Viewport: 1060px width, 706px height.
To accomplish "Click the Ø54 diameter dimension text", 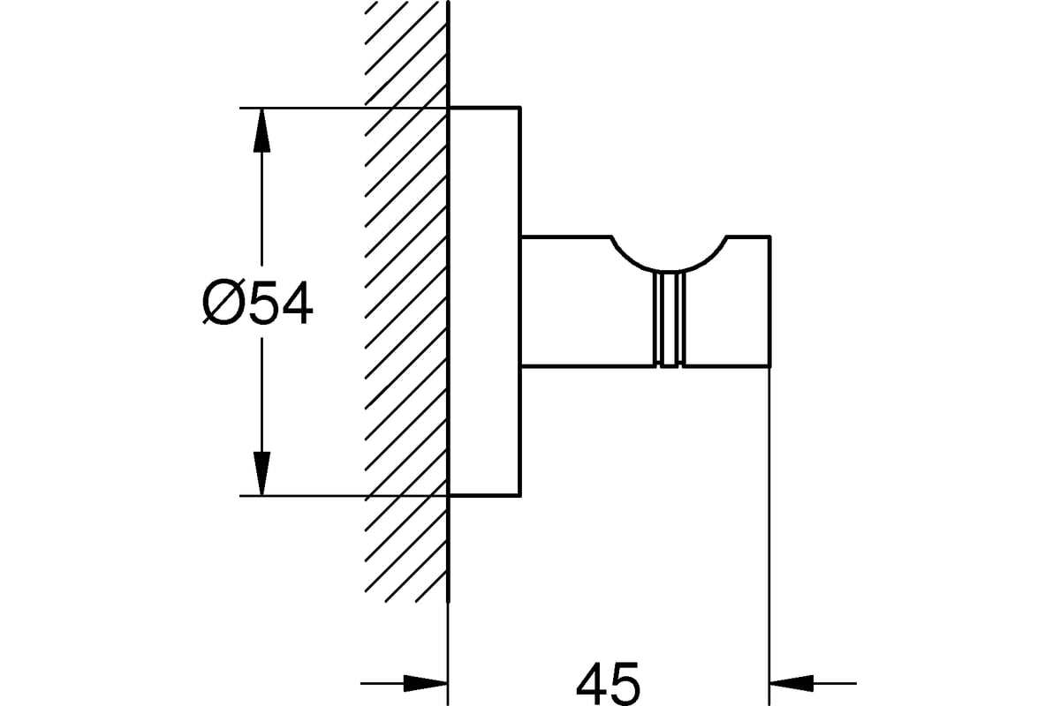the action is (x=257, y=303).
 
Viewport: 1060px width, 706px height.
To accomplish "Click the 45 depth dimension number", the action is (x=608, y=684).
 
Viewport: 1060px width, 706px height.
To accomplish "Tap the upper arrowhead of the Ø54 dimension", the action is (x=261, y=131).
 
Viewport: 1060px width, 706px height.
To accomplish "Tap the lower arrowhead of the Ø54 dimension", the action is (x=261, y=473).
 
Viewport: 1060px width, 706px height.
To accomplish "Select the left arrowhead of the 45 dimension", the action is (x=426, y=683).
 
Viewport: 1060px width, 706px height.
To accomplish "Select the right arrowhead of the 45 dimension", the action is (x=791, y=683).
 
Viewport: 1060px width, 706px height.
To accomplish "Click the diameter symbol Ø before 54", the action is (x=222, y=303).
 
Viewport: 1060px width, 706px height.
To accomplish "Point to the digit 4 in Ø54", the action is (x=296, y=303).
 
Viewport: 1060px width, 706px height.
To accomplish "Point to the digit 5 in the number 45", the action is (x=625, y=684).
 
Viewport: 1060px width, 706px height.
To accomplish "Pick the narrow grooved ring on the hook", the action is (x=670, y=319).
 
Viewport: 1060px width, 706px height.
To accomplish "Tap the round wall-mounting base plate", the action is (x=485, y=302).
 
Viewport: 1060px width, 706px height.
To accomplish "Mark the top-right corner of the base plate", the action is (x=520, y=108).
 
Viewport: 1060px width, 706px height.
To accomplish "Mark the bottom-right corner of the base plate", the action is (x=520, y=496).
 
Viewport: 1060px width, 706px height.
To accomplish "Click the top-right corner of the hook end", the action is (x=770, y=236).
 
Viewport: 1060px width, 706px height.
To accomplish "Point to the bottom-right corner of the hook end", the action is (x=770, y=366).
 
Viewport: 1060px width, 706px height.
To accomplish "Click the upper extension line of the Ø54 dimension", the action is (x=344, y=109).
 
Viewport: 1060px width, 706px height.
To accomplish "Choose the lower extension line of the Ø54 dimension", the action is (x=344, y=496).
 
